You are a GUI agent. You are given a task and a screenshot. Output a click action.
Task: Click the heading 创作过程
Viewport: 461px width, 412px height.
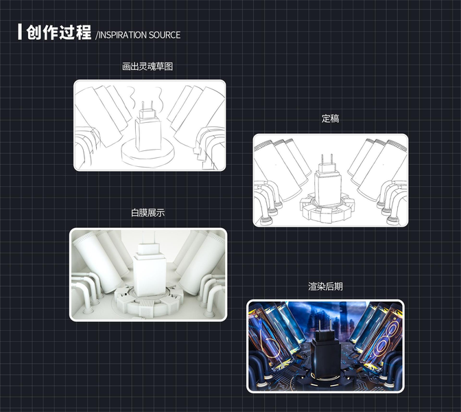click(59, 33)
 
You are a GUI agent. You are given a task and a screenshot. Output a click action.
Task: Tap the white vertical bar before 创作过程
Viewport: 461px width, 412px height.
click(20, 32)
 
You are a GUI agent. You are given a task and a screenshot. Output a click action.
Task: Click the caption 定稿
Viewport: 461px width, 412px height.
click(331, 119)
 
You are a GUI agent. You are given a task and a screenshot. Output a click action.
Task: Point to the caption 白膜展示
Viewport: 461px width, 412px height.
click(147, 213)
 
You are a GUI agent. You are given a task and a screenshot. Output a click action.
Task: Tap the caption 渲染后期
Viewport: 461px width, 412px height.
click(325, 286)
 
